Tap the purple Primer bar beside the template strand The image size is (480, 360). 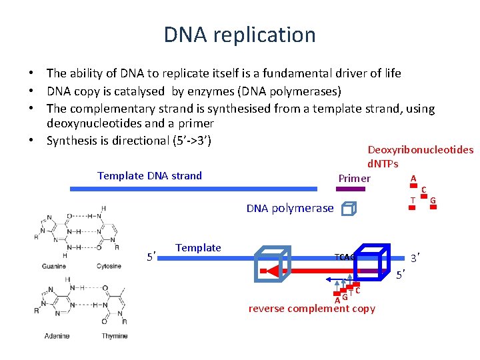pyautogui.click(x=351, y=189)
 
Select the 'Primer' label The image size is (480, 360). pyautogui.click(x=354, y=178)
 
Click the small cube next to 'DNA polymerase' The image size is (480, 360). pyautogui.click(x=347, y=209)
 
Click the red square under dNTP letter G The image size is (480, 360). pyautogui.click(x=433, y=207)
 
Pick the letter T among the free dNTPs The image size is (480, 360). pyautogui.click(x=413, y=200)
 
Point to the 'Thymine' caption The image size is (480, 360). pyautogui.click(x=114, y=336)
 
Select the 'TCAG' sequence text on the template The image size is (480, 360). pyautogui.click(x=345, y=257)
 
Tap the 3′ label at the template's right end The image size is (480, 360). pyautogui.click(x=414, y=258)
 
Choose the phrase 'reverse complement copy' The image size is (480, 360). pyautogui.click(x=311, y=309)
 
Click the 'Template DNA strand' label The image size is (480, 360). pyautogui.click(x=149, y=176)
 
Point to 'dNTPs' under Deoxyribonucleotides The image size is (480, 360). pyautogui.click(x=383, y=164)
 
